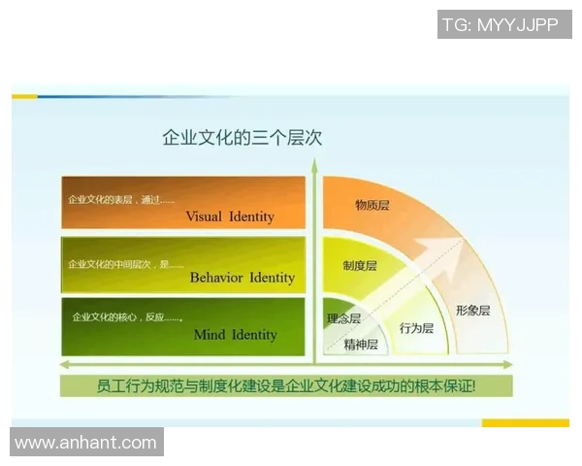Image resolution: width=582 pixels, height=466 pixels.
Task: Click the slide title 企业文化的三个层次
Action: (242, 138)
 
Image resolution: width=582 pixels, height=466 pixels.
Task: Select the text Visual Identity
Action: (230, 216)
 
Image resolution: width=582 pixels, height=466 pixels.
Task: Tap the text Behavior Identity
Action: (242, 278)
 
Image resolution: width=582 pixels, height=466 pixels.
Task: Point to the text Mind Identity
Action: (235, 335)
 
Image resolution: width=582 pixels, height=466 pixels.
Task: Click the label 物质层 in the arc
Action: (372, 206)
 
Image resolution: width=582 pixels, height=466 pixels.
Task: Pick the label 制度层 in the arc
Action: (360, 265)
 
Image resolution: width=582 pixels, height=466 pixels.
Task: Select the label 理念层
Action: (343, 318)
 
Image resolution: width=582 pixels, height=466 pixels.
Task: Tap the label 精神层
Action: (360, 344)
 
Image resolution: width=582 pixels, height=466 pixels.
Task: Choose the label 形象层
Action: (473, 311)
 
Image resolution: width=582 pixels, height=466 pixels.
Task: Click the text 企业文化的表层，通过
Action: (121, 200)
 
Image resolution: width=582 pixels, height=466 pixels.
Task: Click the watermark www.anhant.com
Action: (85, 443)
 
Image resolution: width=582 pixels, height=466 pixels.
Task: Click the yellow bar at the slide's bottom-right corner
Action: (525, 423)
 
